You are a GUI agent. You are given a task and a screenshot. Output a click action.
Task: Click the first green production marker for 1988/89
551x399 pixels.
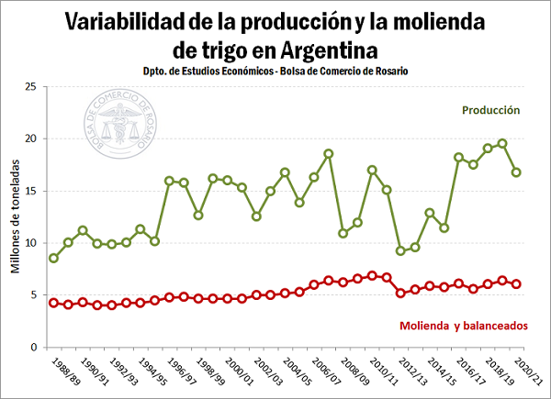(54, 258)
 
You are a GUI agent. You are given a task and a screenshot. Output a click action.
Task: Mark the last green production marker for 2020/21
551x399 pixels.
(517, 172)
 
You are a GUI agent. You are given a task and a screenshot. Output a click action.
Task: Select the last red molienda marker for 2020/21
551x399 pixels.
(517, 284)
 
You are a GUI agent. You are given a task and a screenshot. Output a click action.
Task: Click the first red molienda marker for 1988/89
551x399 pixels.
(54, 303)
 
